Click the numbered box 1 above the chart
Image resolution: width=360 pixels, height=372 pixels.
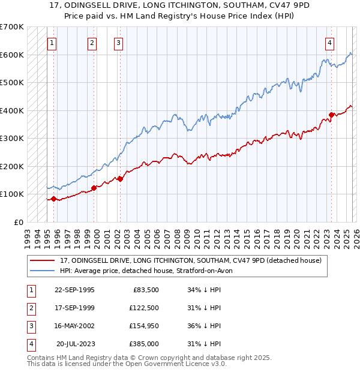point(52,43)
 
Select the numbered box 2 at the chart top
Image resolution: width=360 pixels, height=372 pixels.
point(92,43)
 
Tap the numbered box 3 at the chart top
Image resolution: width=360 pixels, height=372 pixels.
point(119,43)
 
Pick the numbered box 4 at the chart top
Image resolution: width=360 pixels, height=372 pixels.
point(330,43)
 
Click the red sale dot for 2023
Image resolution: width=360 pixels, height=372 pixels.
point(331,115)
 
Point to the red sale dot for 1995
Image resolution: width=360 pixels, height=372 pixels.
point(54,199)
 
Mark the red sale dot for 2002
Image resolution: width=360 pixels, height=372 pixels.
point(120,178)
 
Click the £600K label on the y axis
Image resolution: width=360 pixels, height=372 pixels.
point(12,55)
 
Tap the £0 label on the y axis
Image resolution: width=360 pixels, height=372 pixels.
point(19,222)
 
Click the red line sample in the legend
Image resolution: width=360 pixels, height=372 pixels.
point(43,260)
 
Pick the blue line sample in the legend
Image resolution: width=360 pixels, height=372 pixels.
point(43,271)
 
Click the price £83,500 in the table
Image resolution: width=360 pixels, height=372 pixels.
point(146,290)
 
